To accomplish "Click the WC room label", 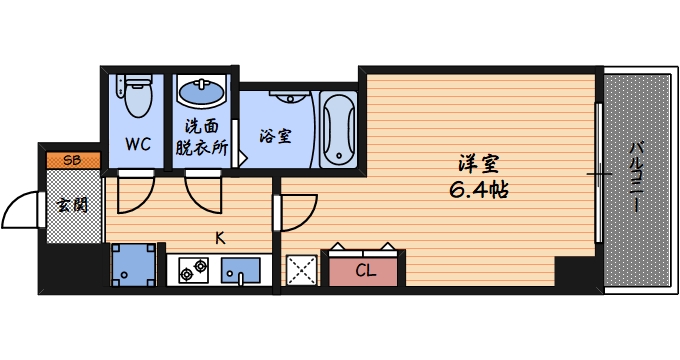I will [x=137, y=142].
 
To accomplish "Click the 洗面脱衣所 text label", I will [x=202, y=137].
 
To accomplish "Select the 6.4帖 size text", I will [x=478, y=189].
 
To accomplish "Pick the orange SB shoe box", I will [x=72, y=159].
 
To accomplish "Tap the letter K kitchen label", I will [x=220, y=237].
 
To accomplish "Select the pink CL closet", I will [x=365, y=269].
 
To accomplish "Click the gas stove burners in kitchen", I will [x=192, y=269].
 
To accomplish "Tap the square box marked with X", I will [x=301, y=269].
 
